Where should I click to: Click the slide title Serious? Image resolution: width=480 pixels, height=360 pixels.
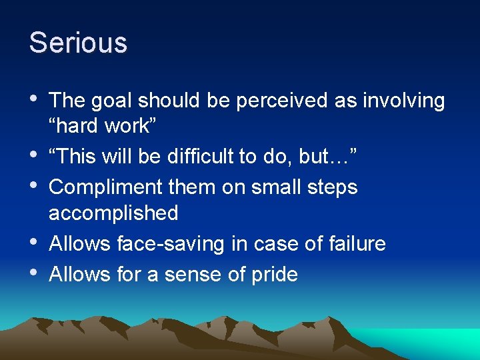[x=78, y=43]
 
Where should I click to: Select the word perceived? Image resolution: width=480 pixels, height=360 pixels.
[x=255, y=101]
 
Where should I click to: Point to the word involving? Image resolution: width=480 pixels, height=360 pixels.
[x=403, y=101]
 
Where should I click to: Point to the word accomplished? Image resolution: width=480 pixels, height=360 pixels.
[x=113, y=214]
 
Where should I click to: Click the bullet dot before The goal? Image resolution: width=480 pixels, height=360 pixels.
[x=35, y=99]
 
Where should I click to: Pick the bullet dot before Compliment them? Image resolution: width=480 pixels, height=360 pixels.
[x=35, y=187]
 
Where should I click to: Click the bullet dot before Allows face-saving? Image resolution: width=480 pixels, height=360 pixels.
[x=35, y=243]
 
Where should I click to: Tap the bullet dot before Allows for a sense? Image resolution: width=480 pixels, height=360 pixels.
[x=35, y=273]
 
